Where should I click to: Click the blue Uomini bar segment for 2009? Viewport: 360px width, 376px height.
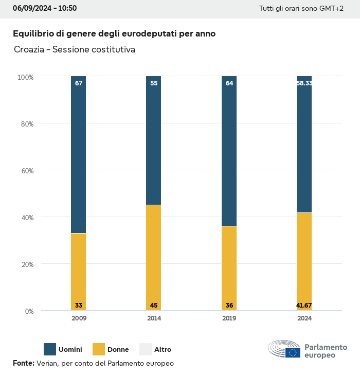[79, 154]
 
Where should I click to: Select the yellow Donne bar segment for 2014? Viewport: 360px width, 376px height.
[154, 257]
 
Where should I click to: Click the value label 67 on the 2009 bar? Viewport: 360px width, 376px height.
[79, 83]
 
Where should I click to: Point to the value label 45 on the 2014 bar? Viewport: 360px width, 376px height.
[154, 306]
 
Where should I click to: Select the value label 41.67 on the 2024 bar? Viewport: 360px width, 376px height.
[304, 306]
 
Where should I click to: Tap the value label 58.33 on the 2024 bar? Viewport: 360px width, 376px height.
[304, 83]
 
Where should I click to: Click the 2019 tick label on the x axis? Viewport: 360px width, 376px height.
[229, 318]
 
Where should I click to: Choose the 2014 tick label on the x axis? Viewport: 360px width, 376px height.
[154, 318]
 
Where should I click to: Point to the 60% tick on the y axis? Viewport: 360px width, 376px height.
[26, 170]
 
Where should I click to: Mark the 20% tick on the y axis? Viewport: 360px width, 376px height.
[26, 264]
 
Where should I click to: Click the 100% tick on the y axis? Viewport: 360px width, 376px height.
[25, 77]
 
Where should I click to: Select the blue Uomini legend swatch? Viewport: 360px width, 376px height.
[50, 349]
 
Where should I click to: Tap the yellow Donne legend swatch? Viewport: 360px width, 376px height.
[98, 349]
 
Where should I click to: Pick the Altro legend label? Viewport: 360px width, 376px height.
[163, 350]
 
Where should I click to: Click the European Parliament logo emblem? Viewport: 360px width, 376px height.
[284, 349]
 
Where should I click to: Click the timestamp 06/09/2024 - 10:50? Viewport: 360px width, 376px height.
[45, 9]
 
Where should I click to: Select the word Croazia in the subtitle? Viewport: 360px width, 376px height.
[29, 50]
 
